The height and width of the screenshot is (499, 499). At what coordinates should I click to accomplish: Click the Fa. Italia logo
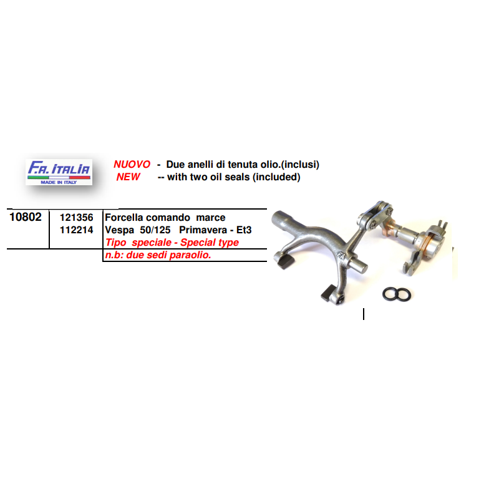tap(59, 172)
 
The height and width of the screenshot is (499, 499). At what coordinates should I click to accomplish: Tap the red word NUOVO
tap(132, 164)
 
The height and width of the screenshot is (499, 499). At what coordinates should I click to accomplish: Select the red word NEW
tap(128, 177)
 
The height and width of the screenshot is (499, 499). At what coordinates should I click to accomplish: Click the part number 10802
tap(26, 217)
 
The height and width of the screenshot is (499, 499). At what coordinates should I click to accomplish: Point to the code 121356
tap(76, 218)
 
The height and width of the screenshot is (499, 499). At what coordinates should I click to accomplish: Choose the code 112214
tap(76, 230)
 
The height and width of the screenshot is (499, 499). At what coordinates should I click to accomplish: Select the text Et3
tap(244, 230)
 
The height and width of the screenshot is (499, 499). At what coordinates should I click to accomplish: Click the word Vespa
tap(119, 230)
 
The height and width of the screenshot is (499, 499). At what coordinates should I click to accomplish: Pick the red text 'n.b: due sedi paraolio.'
tap(158, 255)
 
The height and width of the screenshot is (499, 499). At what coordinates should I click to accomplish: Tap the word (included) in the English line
tap(276, 177)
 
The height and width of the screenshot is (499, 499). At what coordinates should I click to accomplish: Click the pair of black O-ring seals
tap(397, 294)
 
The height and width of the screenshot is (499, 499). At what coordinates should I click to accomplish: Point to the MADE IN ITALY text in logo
tap(59, 182)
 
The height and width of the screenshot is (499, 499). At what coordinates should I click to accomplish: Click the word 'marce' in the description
tap(211, 218)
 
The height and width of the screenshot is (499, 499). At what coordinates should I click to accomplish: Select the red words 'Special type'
tap(210, 243)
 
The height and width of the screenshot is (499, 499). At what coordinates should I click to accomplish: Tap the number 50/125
tap(155, 230)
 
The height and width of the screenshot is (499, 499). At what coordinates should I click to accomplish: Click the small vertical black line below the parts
tap(364, 314)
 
